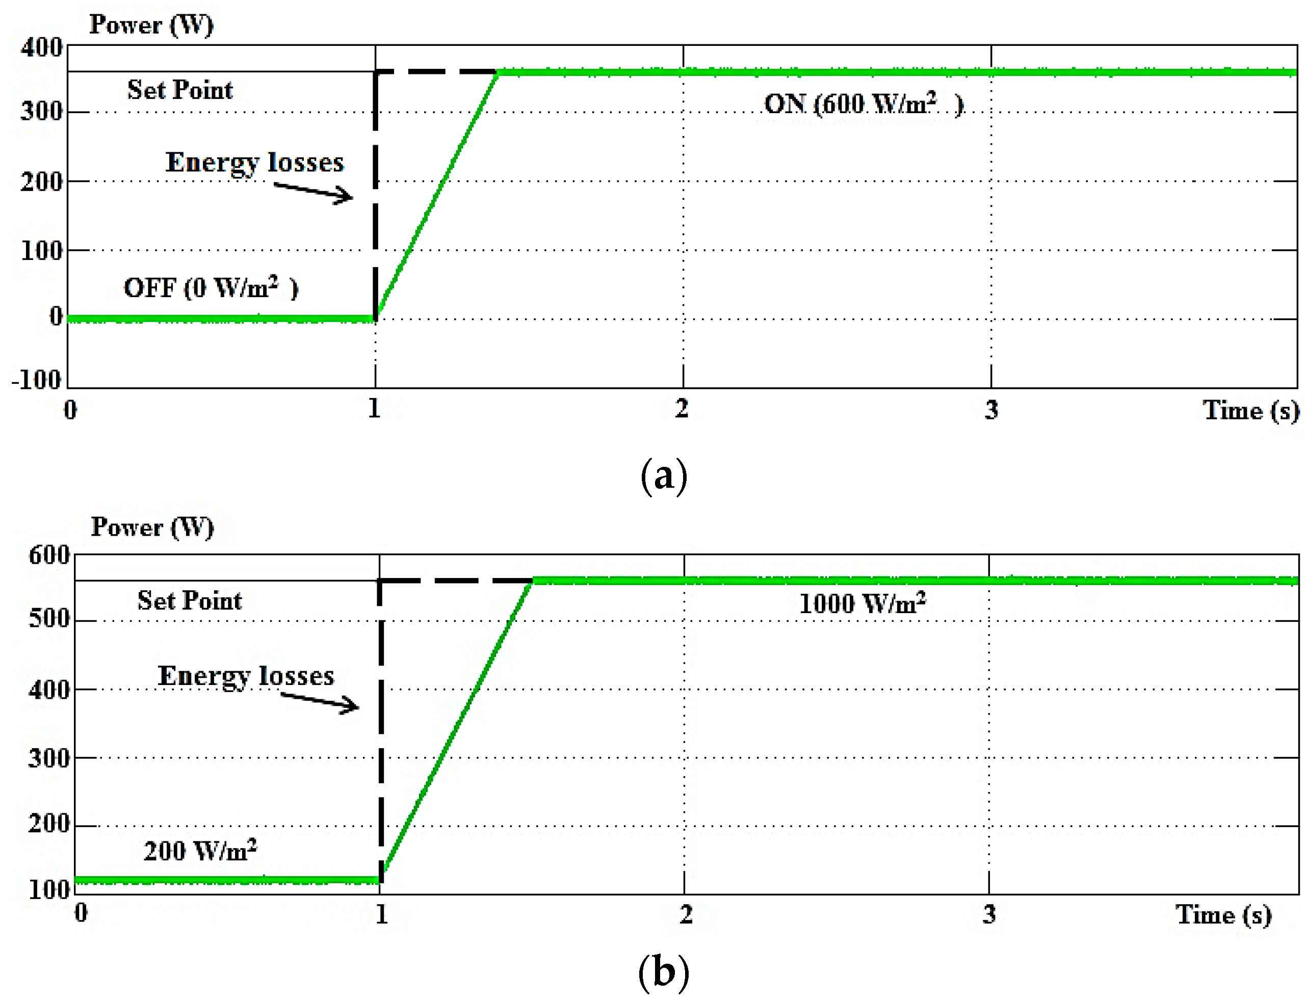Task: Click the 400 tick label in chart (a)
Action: pyautogui.click(x=41, y=47)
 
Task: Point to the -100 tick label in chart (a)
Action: pyautogui.click(x=37, y=380)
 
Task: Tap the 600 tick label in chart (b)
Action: pyautogui.click(x=49, y=555)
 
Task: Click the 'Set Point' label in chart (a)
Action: pyautogui.click(x=180, y=90)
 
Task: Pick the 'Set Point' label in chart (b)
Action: pyautogui.click(x=189, y=600)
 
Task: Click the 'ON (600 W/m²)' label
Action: pyautogui.click(x=864, y=104)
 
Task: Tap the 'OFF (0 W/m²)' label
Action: pyautogui.click(x=211, y=288)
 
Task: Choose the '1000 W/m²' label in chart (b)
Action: pyautogui.click(x=862, y=603)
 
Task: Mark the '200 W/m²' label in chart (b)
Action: pyautogui.click(x=200, y=850)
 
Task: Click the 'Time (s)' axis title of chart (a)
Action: pyautogui.click(x=1251, y=411)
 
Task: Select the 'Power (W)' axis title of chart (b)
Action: pyautogui.click(x=152, y=527)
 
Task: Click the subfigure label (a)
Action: pyautogui.click(x=663, y=477)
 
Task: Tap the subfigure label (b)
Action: pyautogui.click(x=663, y=972)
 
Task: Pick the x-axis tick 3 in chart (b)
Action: pyautogui.click(x=989, y=914)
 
